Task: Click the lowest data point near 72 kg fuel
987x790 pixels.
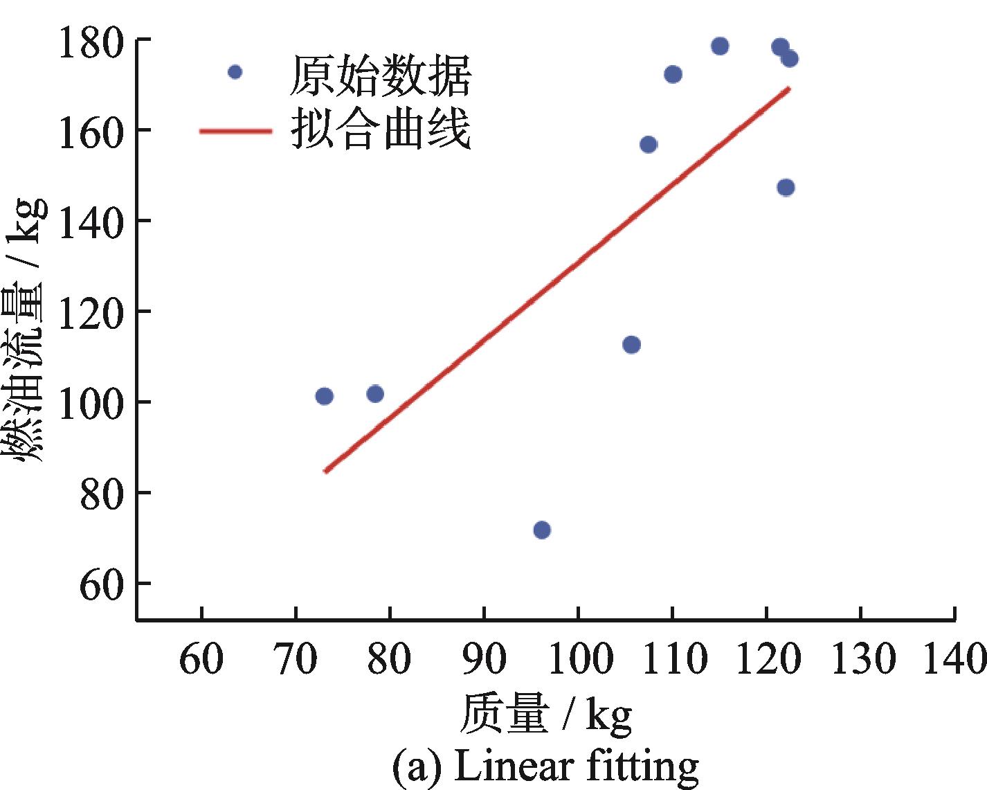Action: (542, 530)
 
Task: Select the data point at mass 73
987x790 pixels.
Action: (324, 396)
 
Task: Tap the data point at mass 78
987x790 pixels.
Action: (375, 394)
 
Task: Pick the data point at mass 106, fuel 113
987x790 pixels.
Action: (631, 344)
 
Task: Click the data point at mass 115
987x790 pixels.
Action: (720, 46)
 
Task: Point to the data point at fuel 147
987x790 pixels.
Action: (786, 188)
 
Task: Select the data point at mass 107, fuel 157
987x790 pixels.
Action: (649, 145)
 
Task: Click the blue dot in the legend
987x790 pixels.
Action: (235, 72)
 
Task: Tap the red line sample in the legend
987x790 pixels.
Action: (235, 130)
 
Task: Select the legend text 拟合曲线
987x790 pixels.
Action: (381, 129)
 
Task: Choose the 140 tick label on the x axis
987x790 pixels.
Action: (954, 658)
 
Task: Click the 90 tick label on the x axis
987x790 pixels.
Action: (484, 658)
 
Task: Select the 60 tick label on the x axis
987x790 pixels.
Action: (201, 658)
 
